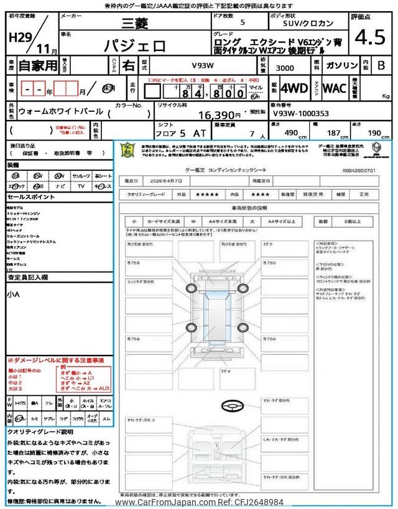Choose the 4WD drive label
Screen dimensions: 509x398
(x=294, y=88)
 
